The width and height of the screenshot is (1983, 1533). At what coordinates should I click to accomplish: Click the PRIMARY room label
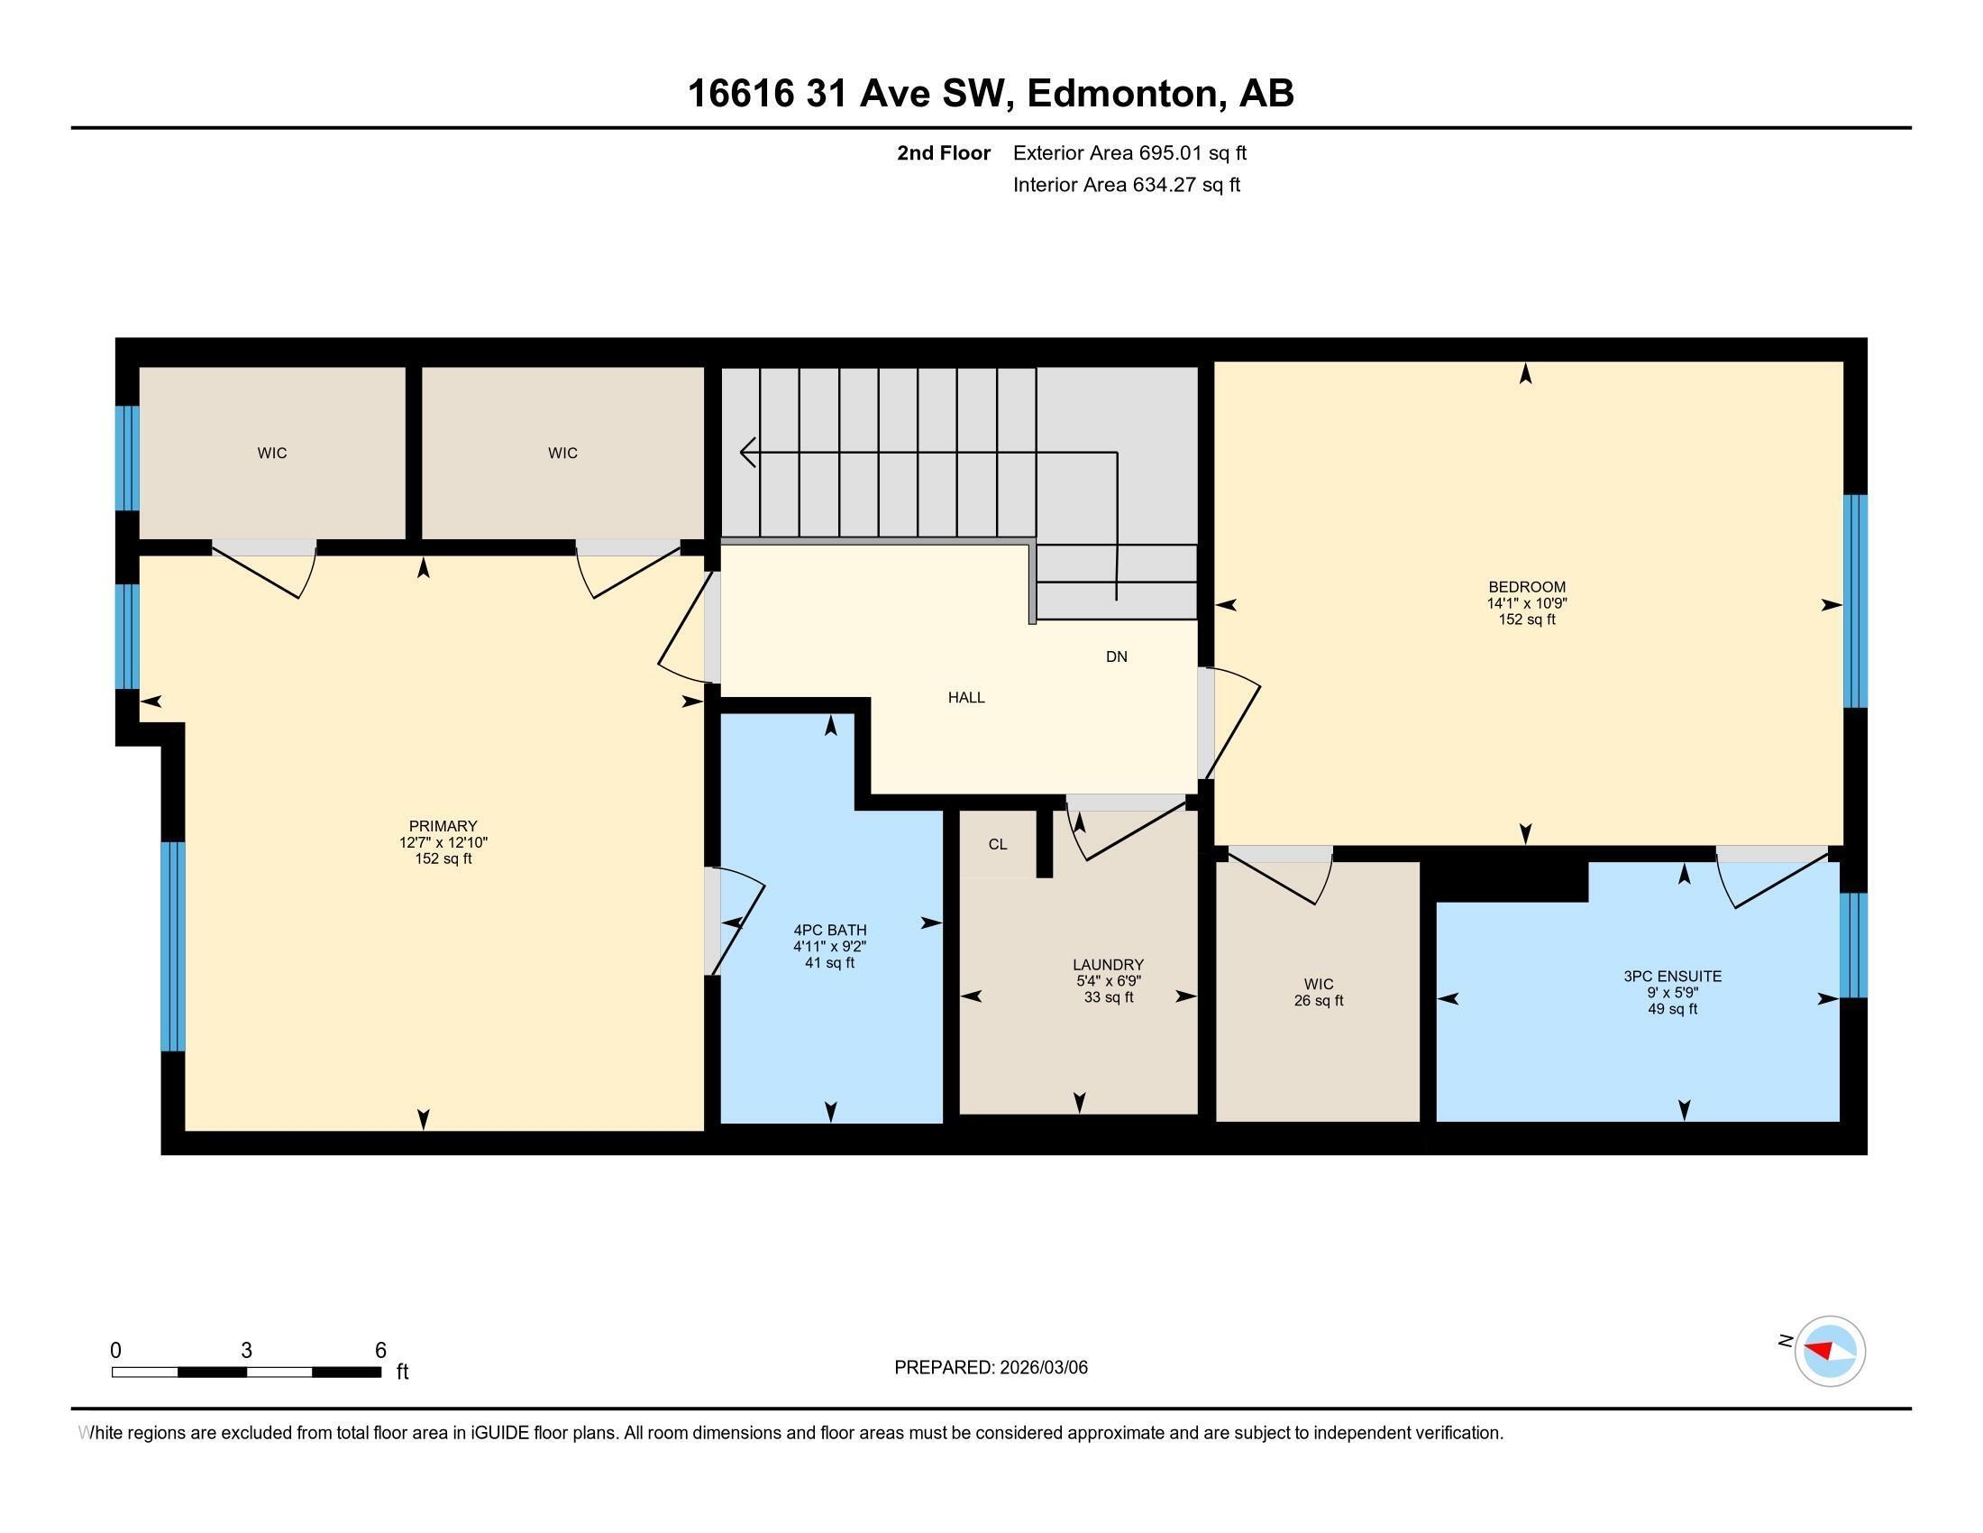tap(443, 825)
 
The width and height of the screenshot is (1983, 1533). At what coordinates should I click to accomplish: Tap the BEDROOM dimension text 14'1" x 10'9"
tap(1526, 603)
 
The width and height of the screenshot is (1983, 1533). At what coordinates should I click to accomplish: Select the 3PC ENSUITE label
tap(1671, 977)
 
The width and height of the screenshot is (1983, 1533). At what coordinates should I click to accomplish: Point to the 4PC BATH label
tap(830, 930)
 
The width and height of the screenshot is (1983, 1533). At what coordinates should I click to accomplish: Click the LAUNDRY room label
tap(1108, 965)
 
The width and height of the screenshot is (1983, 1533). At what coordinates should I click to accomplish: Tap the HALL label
tap(966, 697)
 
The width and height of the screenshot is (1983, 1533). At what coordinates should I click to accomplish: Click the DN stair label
tap(1116, 656)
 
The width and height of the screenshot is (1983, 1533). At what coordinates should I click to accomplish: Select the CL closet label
tap(998, 844)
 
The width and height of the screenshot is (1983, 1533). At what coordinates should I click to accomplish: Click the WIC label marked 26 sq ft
tap(1319, 985)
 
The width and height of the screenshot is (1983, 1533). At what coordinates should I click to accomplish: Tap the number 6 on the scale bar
tap(380, 1350)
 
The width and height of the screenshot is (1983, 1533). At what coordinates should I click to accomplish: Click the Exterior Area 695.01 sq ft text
tap(1129, 152)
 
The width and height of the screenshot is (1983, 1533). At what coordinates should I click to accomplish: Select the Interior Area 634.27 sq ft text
tap(1126, 184)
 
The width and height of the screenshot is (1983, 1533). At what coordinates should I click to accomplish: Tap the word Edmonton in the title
tap(1122, 93)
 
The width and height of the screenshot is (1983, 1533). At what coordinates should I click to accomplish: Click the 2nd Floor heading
tap(944, 152)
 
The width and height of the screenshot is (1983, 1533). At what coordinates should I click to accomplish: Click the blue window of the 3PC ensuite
tap(1853, 944)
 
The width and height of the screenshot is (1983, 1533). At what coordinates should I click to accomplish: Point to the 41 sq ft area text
tap(830, 963)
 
